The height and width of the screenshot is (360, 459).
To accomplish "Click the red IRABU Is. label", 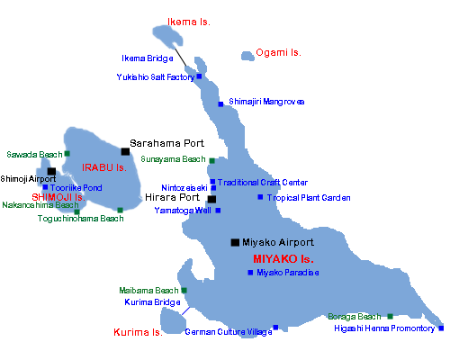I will pyautogui.click(x=104, y=167).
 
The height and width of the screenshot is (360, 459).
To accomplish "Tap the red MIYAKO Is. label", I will pyautogui.click(x=283, y=259).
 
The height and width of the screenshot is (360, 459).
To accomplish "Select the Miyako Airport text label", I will pyautogui.click(x=278, y=242).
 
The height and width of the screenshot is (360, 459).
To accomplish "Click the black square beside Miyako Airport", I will pyautogui.click(x=235, y=242).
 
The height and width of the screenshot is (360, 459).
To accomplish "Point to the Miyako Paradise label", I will pyautogui.click(x=288, y=272).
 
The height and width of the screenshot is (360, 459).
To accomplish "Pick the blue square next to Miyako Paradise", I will pyautogui.click(x=250, y=272).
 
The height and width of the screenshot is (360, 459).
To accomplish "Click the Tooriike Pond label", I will pyautogui.click(x=76, y=187).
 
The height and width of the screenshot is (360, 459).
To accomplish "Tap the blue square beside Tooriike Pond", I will pyautogui.click(x=45, y=187).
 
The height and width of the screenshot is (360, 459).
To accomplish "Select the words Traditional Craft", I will pyautogui.click(x=248, y=182).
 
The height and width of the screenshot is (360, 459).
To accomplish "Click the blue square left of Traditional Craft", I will pyautogui.click(x=212, y=182).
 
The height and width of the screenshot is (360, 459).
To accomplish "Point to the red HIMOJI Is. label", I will pyautogui.click(x=63, y=197).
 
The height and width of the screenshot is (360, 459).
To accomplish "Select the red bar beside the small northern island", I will pyautogui.click(x=189, y=22).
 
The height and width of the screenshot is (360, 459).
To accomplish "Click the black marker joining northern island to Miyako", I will pyautogui.click(x=181, y=57).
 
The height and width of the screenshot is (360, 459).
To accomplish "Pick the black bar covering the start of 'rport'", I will pyautogui.click(x=18, y=179).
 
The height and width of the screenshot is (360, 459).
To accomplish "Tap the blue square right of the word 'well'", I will pyautogui.click(x=218, y=211).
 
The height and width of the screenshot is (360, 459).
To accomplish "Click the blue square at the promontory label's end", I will pyautogui.click(x=440, y=328).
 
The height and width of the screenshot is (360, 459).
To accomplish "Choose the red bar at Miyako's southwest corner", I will pyautogui.click(x=138, y=332).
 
